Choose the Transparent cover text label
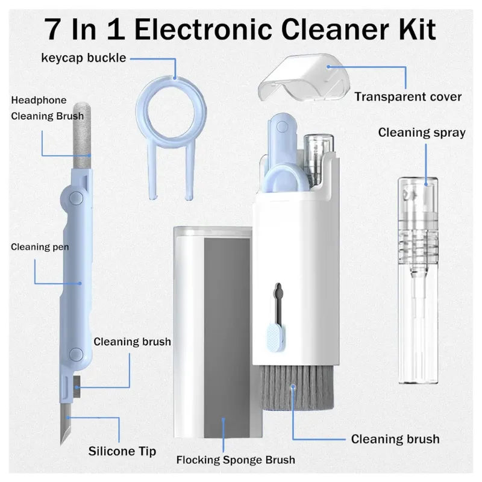point(408,96)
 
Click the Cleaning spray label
point(422,133)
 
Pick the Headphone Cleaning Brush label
point(47,108)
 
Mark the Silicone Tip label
point(122,451)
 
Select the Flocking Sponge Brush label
point(236,460)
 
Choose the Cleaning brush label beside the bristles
point(395,439)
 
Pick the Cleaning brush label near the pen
point(132,342)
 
